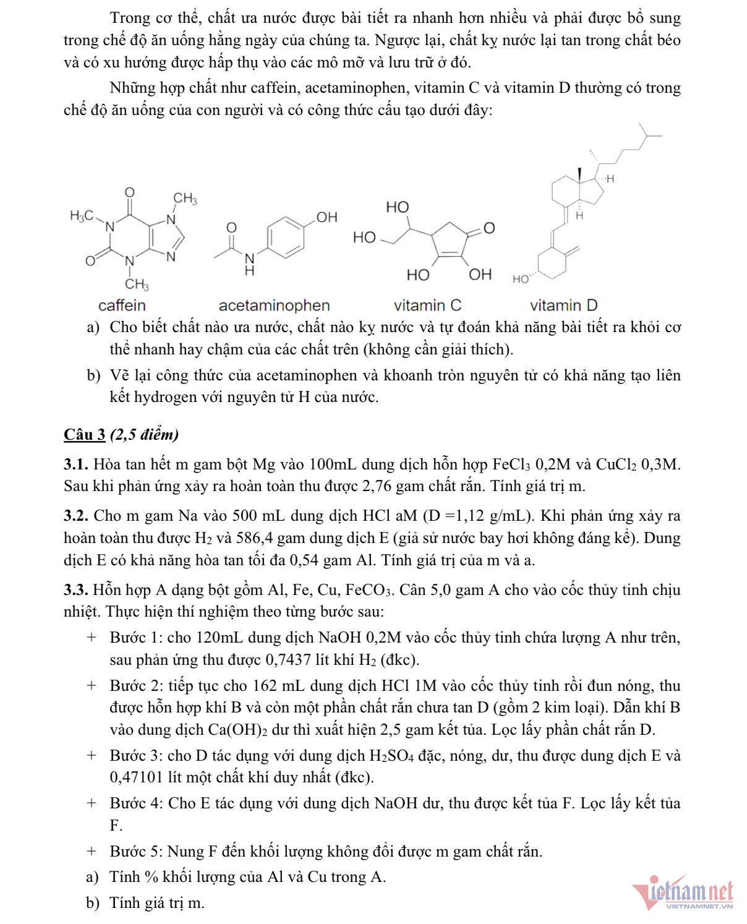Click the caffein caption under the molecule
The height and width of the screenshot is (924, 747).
pos(122,306)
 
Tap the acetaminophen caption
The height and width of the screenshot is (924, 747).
pos(274,306)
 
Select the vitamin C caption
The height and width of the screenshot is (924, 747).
pos(427,306)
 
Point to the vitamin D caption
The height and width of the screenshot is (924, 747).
pos(563,306)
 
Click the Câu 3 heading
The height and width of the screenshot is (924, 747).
pos(85,435)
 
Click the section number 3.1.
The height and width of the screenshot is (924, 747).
pos(76,464)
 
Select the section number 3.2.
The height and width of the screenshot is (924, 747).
pos(76,516)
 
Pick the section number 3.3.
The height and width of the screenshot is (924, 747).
pos(76,590)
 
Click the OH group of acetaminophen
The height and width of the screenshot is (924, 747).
pos(327,217)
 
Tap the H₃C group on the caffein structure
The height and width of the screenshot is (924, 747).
pos(82,216)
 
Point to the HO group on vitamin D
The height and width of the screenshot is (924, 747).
pos(521,279)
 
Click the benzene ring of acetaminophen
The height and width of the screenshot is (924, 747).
pos(286,236)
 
